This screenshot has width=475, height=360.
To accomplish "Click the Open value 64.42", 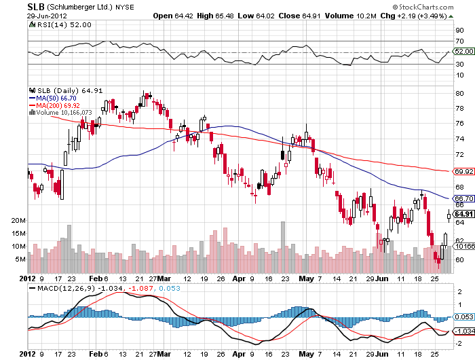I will tap(183, 16).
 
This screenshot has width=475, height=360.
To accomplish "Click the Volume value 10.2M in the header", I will tap(368, 16).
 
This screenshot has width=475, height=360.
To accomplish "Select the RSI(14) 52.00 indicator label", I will tap(55, 24).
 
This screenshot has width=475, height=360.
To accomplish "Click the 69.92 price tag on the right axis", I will tap(463, 172).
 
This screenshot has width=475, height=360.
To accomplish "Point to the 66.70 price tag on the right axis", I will tap(463, 199).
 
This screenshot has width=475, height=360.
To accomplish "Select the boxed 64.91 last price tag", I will tap(463, 214).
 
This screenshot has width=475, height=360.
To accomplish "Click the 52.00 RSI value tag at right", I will tap(463, 51).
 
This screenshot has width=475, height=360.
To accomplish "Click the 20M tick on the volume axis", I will tap(18, 221).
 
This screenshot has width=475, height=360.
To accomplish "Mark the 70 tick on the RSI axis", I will tap(459, 41).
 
